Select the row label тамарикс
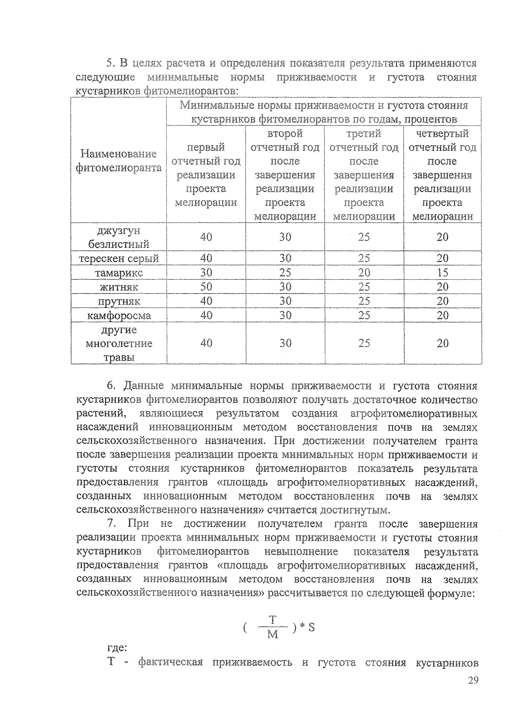coord(119,273)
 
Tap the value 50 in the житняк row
coord(206,286)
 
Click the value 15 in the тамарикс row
coord(442,273)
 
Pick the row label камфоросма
coord(119,315)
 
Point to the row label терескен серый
coord(119,258)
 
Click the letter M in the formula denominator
coord(272,635)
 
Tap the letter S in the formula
coord(311,628)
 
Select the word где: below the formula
coord(117,648)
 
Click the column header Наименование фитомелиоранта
coord(119,161)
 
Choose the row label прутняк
coord(119,301)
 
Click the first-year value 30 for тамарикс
coord(206,273)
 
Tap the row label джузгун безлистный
coord(119,237)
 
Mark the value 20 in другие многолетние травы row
coord(442,343)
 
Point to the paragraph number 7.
coord(112,524)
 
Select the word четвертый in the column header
coord(442,134)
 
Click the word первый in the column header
coord(206,148)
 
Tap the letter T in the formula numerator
coord(272,620)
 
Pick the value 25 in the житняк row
coord(363,286)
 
